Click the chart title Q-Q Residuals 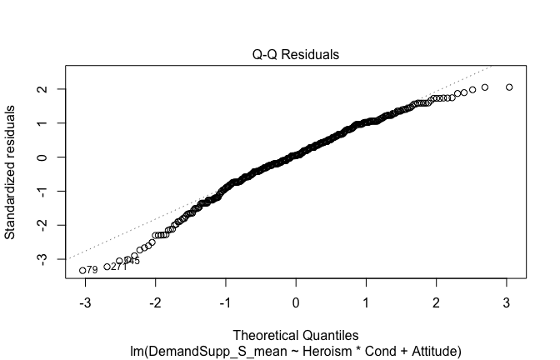296,55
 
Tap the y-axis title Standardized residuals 11,172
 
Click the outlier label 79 92,270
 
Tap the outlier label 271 119,267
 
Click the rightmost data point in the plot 509,87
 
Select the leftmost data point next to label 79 82,270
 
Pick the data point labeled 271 107,267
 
